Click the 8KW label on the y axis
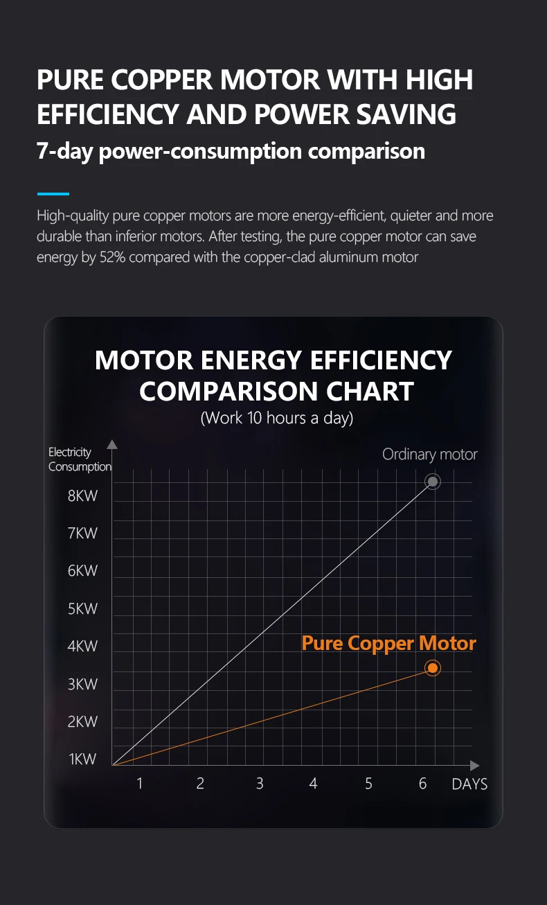pos(82,496)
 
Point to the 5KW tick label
pos(82,609)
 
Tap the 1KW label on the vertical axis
pos(82,759)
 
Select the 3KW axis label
pos(82,685)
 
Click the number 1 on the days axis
pos(140,784)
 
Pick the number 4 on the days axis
pos(313,784)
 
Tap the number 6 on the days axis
pos(422,784)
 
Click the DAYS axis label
pos(469,784)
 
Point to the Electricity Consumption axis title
pos(79,459)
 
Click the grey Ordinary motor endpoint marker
pos(433,482)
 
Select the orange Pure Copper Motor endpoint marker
pos(433,668)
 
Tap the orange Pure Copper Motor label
pos(388,644)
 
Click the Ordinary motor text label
pos(429,455)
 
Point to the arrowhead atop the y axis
pos(112,444)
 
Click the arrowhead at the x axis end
pos(474,766)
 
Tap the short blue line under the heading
pos(53,194)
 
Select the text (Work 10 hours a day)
pos(276,419)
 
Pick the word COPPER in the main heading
pos(163,80)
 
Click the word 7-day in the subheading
pos(66,151)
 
